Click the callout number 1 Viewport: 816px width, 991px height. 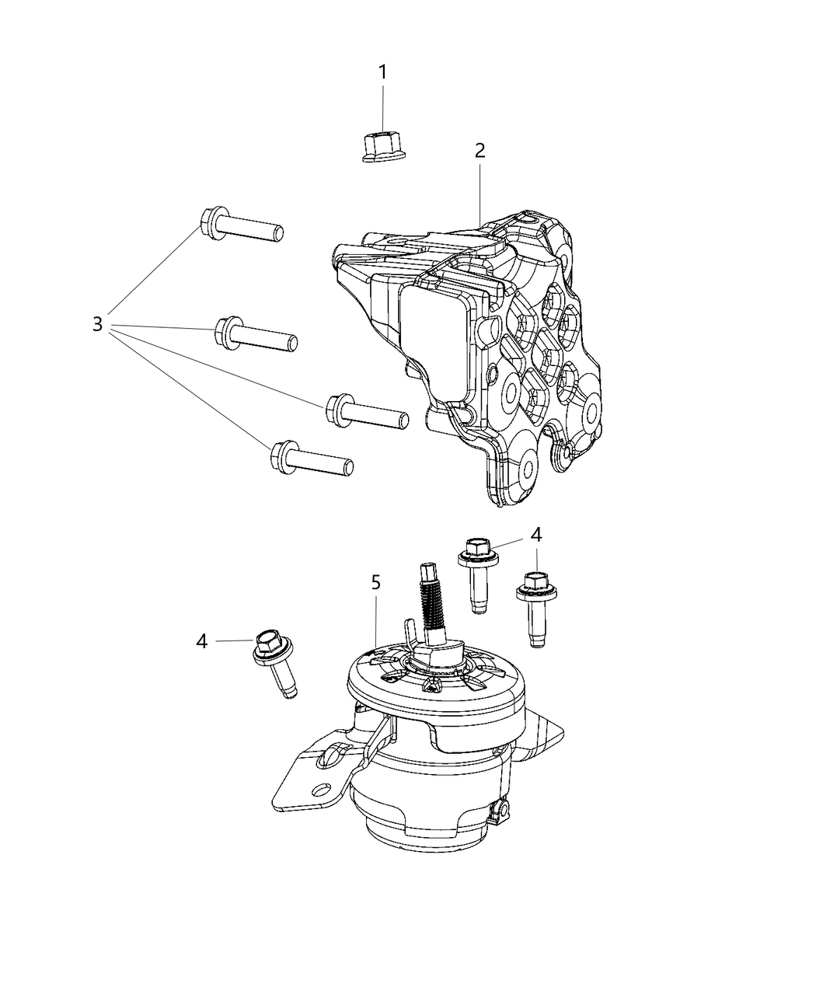click(x=382, y=72)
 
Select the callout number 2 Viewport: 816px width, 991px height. click(x=480, y=151)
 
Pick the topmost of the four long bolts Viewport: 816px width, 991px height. click(x=242, y=226)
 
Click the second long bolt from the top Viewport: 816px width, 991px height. click(x=256, y=335)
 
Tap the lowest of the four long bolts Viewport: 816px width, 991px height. click(x=312, y=459)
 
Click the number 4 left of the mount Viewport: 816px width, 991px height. click(x=202, y=641)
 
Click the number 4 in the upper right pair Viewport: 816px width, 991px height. click(x=536, y=535)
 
